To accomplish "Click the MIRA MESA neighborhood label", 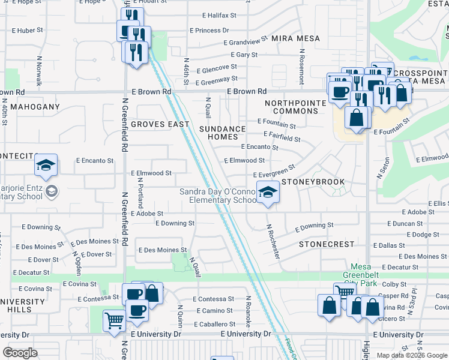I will tap(296, 38).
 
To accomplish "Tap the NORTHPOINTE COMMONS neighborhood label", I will tap(295, 107).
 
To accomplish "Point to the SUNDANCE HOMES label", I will tap(223, 133).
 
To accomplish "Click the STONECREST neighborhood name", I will tap(327, 245).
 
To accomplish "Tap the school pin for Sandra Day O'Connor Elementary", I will tap(268, 193).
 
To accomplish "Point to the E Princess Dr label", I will tap(209, 30).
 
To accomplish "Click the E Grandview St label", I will tap(245, 42).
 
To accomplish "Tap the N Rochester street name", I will tap(274, 241).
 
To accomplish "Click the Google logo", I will tap(20, 353).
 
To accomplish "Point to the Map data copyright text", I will tap(412, 355).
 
